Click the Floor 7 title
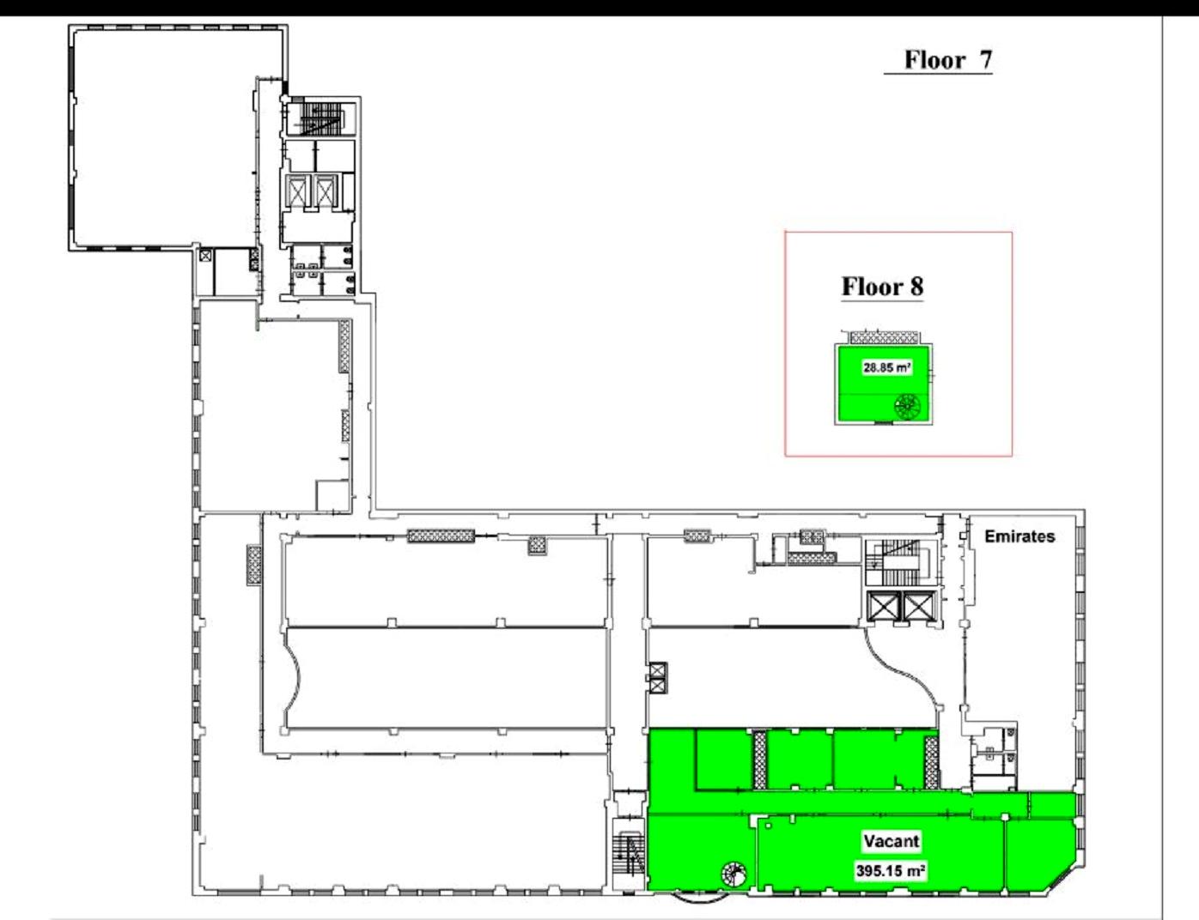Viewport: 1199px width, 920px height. point(947,59)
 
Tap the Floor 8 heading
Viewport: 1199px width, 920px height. point(882,286)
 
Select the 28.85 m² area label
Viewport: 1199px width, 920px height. point(886,367)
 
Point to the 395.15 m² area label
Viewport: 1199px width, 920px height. point(891,871)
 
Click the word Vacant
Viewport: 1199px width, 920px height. point(892,841)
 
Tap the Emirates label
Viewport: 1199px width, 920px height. point(1019,536)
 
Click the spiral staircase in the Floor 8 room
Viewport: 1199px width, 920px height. point(908,408)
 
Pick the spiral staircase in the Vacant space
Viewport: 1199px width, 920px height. point(733,875)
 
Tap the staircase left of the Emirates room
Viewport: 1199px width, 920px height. point(900,562)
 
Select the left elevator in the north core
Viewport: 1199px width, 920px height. point(297,191)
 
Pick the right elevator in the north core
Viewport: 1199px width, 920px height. point(325,191)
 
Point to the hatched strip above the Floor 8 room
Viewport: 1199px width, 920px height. point(884,337)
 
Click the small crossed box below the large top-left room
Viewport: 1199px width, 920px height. point(205,255)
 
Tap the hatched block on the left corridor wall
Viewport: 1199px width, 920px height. point(254,565)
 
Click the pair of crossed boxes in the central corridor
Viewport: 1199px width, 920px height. point(658,678)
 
